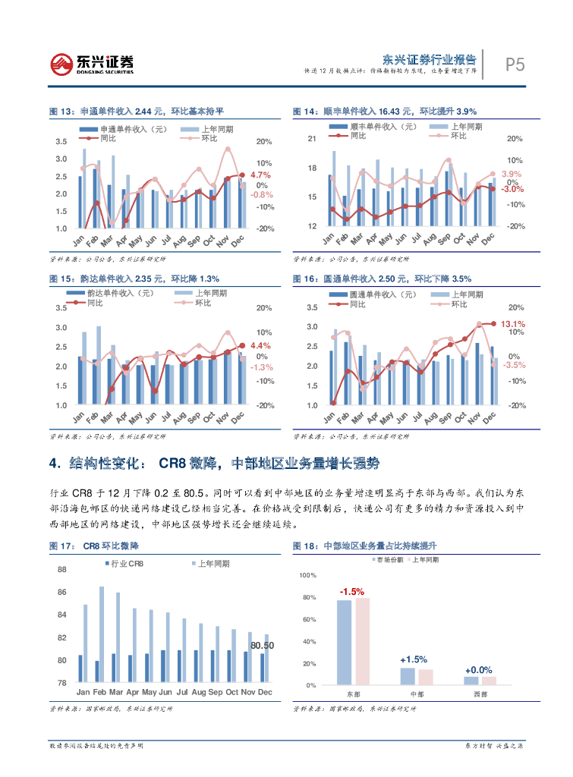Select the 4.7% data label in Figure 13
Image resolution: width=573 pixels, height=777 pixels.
[x=260, y=175]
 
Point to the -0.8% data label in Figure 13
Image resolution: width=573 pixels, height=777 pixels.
[x=262, y=194]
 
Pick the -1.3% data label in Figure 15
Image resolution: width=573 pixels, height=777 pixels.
[x=262, y=367]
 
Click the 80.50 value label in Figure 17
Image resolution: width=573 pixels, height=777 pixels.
[x=263, y=646]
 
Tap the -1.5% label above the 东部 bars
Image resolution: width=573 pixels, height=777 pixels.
[x=352, y=591]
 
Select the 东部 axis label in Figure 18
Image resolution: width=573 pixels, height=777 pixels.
[x=354, y=694]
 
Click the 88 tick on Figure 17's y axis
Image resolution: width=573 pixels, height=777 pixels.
[x=61, y=569]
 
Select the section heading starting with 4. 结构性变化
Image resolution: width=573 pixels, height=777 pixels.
[x=213, y=464]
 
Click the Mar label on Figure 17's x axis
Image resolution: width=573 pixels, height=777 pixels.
[x=116, y=692]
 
